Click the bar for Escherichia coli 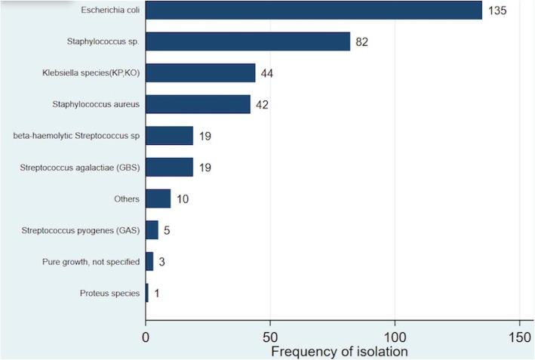(313, 11)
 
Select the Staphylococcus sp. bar (248, 42)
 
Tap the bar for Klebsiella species (200, 72)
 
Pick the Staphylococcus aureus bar (198, 104)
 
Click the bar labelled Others (158, 198)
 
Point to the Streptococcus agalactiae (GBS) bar (169, 167)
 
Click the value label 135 (497, 11)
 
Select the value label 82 (363, 42)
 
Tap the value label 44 (268, 74)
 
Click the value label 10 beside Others (183, 199)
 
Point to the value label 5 (167, 230)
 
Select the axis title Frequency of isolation (339, 350)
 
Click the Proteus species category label (110, 293)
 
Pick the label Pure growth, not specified (91, 261)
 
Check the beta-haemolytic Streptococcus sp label (76, 136)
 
